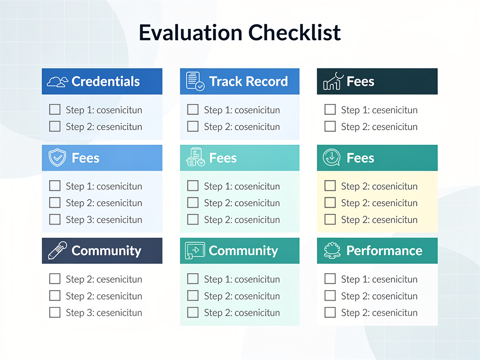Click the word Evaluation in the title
click(191, 32)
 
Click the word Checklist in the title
click(295, 32)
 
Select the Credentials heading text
click(105, 82)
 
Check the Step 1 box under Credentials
click(55, 110)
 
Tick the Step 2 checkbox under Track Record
click(193, 127)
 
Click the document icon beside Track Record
click(195, 81)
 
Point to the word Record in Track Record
click(269, 82)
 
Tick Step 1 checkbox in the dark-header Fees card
click(330, 110)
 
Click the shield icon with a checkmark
click(57, 158)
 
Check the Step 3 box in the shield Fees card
click(55, 219)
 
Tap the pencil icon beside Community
click(57, 251)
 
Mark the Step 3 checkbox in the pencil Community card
click(55, 313)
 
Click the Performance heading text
click(384, 251)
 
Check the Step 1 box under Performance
click(330, 279)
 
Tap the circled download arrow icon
click(332, 158)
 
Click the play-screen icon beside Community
click(195, 251)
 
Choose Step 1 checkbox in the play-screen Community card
click(193, 279)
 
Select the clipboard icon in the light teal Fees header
click(195, 158)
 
